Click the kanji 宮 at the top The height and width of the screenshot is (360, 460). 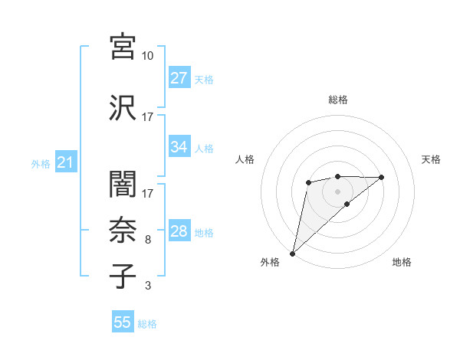pos(123,47)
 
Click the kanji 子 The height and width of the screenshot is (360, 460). pos(123,275)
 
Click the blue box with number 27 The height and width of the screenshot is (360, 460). pos(179,78)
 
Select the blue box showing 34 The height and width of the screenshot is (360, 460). pos(179,147)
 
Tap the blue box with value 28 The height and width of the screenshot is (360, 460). pos(179,231)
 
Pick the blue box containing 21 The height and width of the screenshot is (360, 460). pos(65,162)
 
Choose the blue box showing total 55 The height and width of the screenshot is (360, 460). pos(123,322)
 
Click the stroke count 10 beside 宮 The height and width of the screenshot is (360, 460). pos(148,56)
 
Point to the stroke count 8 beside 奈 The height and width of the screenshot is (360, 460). pos(148,240)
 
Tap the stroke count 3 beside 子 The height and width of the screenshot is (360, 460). pos(148,286)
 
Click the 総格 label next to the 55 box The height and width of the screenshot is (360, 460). pos(147,324)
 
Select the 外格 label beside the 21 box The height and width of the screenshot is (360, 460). pos(41,163)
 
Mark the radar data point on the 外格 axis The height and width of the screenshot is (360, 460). pos(292,253)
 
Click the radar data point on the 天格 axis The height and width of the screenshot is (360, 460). pos(382,177)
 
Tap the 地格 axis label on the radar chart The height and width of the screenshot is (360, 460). pos(402,262)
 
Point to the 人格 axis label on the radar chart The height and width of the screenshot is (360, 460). pos(245,159)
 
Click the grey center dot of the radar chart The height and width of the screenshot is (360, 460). pos(337,191)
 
